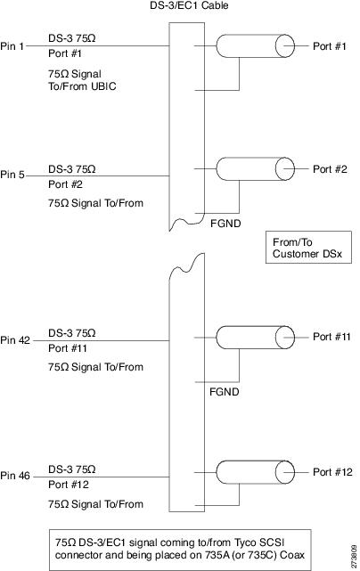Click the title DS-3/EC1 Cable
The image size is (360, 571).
coord(189,5)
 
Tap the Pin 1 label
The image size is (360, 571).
coord(12,46)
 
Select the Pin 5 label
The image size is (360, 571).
coord(12,175)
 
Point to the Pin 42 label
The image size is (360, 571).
coord(15,340)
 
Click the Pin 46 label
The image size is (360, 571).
coord(15,476)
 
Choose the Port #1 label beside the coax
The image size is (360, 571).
coord(330,46)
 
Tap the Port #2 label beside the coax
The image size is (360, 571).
coord(330,169)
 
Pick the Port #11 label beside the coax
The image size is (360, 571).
coord(331,337)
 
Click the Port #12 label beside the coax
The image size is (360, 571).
coord(332,472)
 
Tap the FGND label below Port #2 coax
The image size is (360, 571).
coord(225,224)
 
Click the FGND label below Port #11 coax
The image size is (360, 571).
coord(224,392)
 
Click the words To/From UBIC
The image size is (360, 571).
coord(82,86)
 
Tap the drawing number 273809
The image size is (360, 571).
coord(354,556)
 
